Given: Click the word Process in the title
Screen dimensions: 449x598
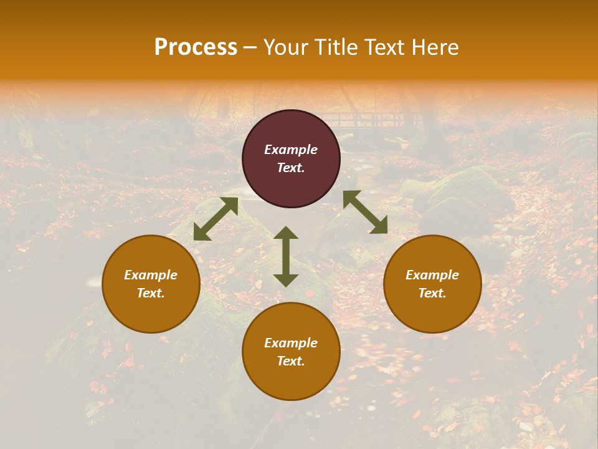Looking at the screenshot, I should pyautogui.click(x=196, y=47).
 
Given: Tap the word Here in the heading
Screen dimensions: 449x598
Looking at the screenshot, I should pyautogui.click(x=434, y=47).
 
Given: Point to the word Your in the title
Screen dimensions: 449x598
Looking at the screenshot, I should pyautogui.click(x=285, y=47).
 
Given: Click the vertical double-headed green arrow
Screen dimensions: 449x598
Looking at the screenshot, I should pyautogui.click(x=286, y=256).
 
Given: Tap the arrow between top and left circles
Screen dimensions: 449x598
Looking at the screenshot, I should pyautogui.click(x=216, y=219).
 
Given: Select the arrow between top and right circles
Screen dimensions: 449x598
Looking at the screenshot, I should pyautogui.click(x=365, y=212).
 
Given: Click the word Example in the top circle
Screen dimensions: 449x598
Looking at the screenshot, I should pyautogui.click(x=291, y=150).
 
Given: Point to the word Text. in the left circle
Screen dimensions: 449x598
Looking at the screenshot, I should pyautogui.click(x=151, y=293).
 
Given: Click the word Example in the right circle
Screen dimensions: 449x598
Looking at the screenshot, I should pyautogui.click(x=432, y=275).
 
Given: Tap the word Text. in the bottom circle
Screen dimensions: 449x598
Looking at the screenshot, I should pyautogui.click(x=291, y=361).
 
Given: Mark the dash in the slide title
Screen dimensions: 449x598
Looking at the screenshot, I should pyautogui.click(x=250, y=48).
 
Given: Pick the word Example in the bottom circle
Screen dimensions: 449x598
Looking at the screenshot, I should pyautogui.click(x=291, y=343).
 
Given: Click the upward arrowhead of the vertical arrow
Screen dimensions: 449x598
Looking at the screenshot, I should pyautogui.click(x=286, y=233).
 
